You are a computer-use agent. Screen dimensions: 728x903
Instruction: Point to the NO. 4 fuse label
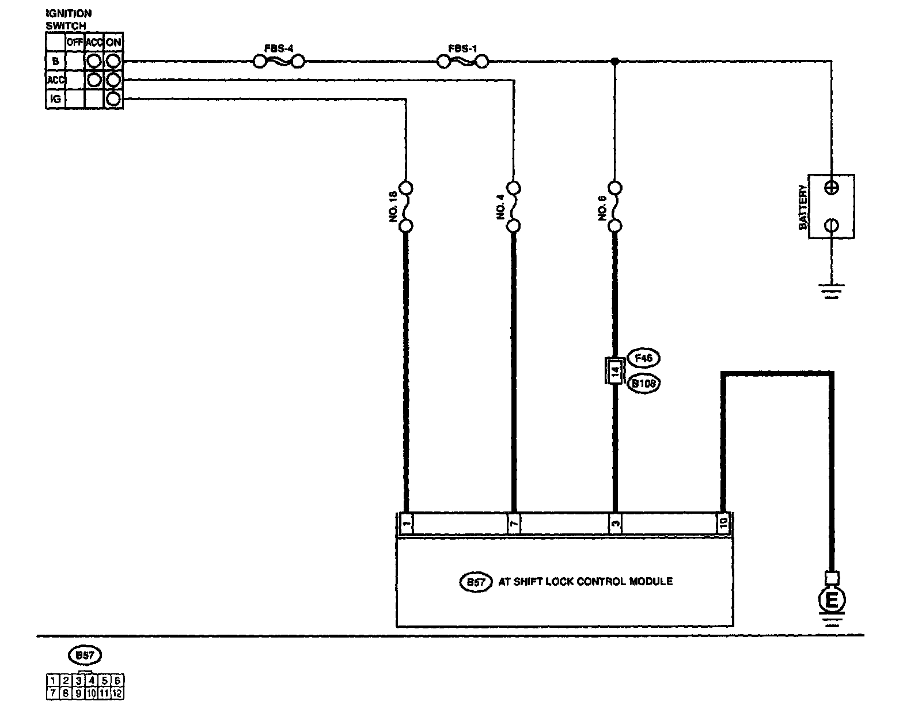[x=499, y=206]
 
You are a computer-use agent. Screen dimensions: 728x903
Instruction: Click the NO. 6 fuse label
[x=602, y=206]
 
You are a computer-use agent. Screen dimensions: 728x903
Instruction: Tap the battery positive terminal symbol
[x=832, y=187]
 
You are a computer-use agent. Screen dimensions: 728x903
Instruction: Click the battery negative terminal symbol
[x=832, y=225]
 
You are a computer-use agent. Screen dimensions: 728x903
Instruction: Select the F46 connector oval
[x=643, y=358]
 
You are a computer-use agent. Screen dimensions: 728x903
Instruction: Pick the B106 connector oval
[x=643, y=384]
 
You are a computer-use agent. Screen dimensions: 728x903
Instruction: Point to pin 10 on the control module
[x=723, y=523]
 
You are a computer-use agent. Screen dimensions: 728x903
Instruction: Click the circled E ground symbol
[x=832, y=601]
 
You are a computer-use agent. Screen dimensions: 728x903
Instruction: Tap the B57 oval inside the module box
[x=475, y=582]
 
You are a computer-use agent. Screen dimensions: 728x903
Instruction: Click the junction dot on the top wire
[x=615, y=61]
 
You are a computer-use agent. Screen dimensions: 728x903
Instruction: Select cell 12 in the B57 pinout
[x=117, y=693]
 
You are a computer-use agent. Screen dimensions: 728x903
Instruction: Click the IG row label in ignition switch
[x=55, y=99]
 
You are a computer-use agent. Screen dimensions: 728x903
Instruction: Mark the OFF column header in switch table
[x=75, y=42]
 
